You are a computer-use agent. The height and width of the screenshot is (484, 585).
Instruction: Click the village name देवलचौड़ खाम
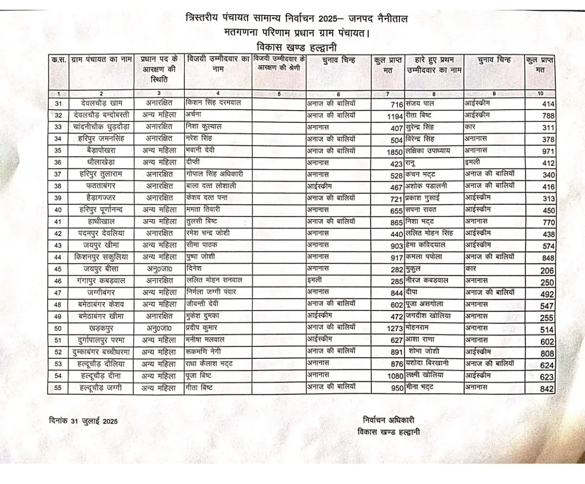pyautogui.click(x=101, y=103)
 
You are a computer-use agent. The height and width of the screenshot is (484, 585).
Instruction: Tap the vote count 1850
pyautogui.click(x=393, y=152)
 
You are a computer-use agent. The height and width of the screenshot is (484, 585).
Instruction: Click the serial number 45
pyautogui.click(x=58, y=269)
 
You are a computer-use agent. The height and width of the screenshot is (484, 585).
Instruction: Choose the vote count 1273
pyautogui.click(x=393, y=329)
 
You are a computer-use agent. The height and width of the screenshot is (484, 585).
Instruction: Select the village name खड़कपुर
pyautogui.click(x=101, y=329)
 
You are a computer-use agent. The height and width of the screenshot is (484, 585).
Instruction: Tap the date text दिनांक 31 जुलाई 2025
pyautogui.click(x=83, y=420)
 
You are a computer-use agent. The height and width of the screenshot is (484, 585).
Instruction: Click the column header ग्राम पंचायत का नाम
pyautogui.click(x=101, y=59)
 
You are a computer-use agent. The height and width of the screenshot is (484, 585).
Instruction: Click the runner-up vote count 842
pyautogui.click(x=547, y=388)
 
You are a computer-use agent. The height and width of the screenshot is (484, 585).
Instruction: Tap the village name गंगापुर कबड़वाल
pyautogui.click(x=101, y=281)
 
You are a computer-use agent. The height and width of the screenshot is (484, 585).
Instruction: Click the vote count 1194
pyautogui.click(x=393, y=116)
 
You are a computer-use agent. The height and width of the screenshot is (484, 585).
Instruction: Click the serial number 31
pyautogui.click(x=58, y=103)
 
